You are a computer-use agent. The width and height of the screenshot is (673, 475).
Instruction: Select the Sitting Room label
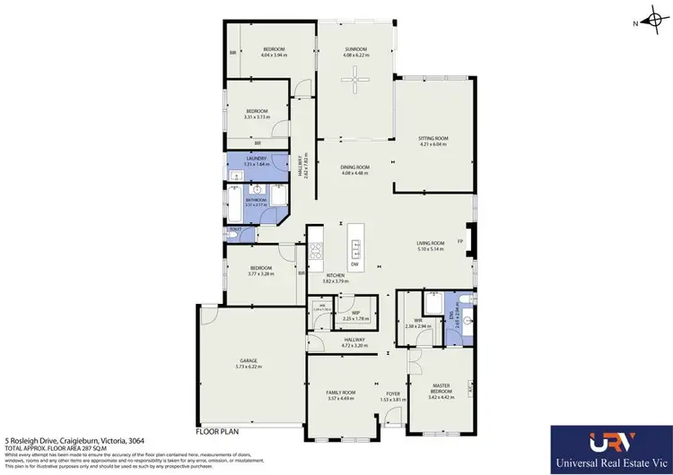(x=433, y=138)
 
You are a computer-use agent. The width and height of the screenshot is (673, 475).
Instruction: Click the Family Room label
(x=340, y=393)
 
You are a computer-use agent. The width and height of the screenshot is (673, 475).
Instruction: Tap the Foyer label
(x=392, y=393)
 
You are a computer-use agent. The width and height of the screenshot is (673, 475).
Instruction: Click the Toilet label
(x=235, y=229)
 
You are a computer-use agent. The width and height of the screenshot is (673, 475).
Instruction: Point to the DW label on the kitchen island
(x=356, y=264)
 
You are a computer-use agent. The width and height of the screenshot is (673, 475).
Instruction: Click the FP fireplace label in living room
(x=460, y=241)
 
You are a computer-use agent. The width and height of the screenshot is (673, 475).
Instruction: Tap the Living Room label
(x=431, y=243)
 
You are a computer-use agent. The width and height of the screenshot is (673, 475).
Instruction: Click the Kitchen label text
(x=336, y=275)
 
